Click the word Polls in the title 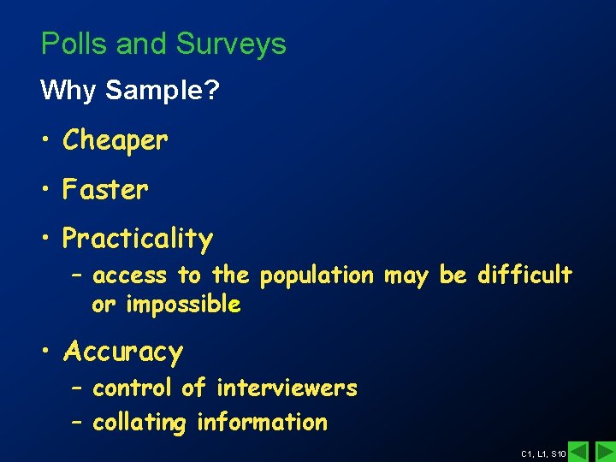click(74, 44)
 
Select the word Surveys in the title click(231, 45)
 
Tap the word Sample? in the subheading click(163, 91)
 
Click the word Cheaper click(115, 141)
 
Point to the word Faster click(105, 189)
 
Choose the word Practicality click(137, 240)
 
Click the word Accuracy click(122, 352)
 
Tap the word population click(317, 276)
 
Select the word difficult click(524, 275)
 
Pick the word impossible click(183, 305)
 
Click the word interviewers click(287, 388)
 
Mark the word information click(262, 422)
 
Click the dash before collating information click(76, 422)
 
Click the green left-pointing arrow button click(579, 451)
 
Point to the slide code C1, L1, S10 click(543, 453)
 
